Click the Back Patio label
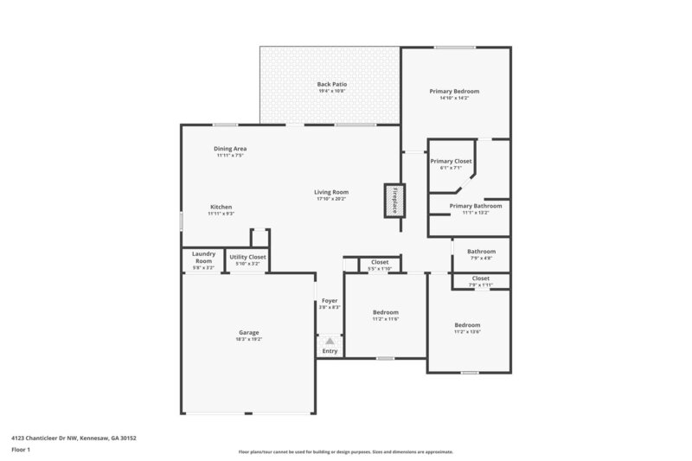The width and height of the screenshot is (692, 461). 331,84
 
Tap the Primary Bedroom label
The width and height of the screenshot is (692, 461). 454,91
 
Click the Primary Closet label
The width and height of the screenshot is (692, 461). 451,161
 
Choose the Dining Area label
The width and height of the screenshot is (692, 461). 229,149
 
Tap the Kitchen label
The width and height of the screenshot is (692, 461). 221,207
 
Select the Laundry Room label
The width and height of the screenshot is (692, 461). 203,257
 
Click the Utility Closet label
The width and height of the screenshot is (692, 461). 247,257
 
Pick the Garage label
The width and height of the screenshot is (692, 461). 249,333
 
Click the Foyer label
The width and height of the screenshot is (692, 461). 330,302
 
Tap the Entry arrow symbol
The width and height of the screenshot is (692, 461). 330,342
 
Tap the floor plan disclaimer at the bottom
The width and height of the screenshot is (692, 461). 345,451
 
